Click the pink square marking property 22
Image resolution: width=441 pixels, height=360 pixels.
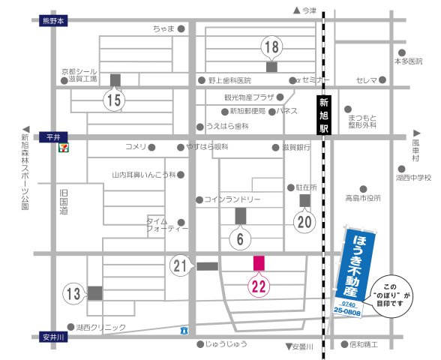click(x=259, y=263)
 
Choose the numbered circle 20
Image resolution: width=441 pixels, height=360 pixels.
click(x=304, y=221)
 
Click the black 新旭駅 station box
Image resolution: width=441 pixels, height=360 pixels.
click(x=323, y=115)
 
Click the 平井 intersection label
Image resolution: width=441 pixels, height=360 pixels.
click(x=52, y=137)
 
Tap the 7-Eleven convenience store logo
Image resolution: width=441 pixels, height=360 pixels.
click(x=67, y=147)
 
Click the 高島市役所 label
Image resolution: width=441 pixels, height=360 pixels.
click(x=363, y=199)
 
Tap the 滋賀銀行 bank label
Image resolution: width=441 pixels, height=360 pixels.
click(x=296, y=148)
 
